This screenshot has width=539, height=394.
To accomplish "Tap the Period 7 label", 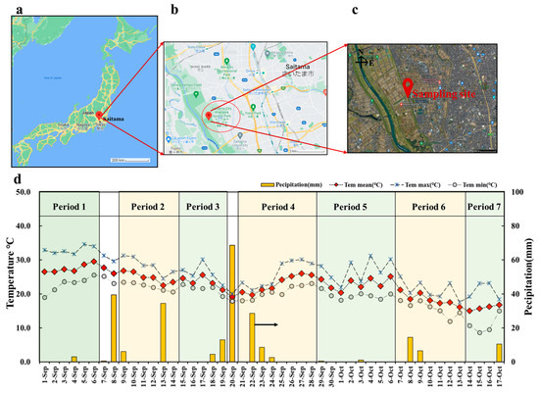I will click(x=484, y=208).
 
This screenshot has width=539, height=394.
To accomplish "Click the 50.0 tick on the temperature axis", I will click(x=22, y=193).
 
